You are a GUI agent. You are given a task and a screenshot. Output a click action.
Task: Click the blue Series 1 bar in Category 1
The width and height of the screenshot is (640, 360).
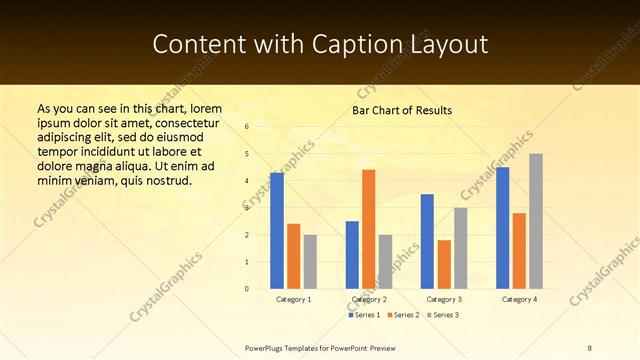277,231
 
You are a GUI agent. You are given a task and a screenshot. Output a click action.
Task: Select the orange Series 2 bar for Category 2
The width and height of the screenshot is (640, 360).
369,229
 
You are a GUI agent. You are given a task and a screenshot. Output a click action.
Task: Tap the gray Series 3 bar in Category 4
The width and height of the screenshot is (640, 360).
536,221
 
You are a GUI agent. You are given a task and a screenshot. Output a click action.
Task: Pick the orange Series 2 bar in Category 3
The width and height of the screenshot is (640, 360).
444,264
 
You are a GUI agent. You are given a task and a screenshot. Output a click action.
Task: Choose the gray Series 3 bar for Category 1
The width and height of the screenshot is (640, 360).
310,262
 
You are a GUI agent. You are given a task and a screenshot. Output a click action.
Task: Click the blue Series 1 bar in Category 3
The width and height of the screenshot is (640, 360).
427,241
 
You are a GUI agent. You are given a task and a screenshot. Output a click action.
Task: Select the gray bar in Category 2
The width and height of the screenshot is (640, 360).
386,262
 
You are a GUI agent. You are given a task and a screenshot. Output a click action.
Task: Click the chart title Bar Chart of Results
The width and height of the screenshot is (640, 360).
402,110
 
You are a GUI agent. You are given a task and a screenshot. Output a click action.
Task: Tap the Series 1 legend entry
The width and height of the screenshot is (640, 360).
364,315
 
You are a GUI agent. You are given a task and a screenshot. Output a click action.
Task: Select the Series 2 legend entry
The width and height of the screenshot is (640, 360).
402,315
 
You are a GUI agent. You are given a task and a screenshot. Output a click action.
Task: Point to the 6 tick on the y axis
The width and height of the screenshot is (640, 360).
246,127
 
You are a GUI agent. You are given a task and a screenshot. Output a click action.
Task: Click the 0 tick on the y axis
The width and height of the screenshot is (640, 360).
246,289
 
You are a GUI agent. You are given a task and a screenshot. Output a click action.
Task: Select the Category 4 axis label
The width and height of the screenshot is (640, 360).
519,299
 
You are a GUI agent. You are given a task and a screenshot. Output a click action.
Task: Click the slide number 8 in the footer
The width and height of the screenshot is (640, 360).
590,347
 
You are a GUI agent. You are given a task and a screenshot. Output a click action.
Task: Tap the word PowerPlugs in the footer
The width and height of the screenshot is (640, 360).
266,347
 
